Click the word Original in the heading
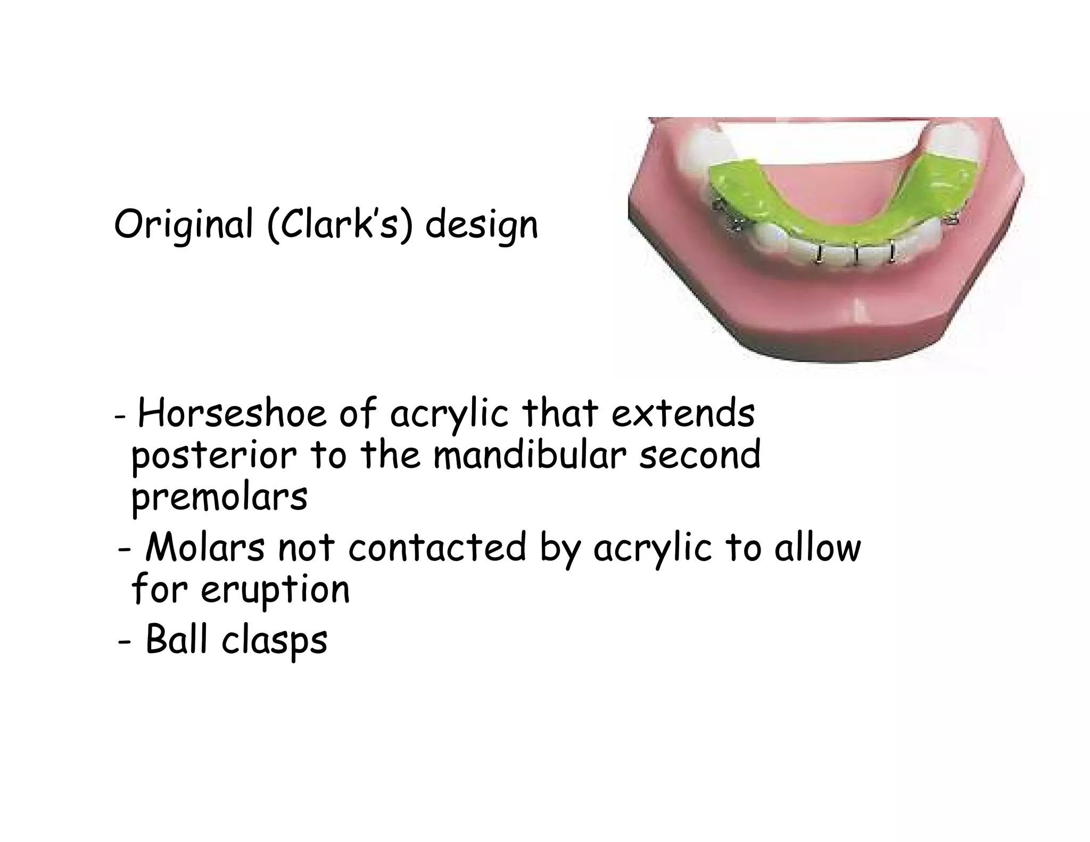click(183, 225)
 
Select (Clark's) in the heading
click(340, 225)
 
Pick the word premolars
click(219, 499)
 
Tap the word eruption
click(275, 590)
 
